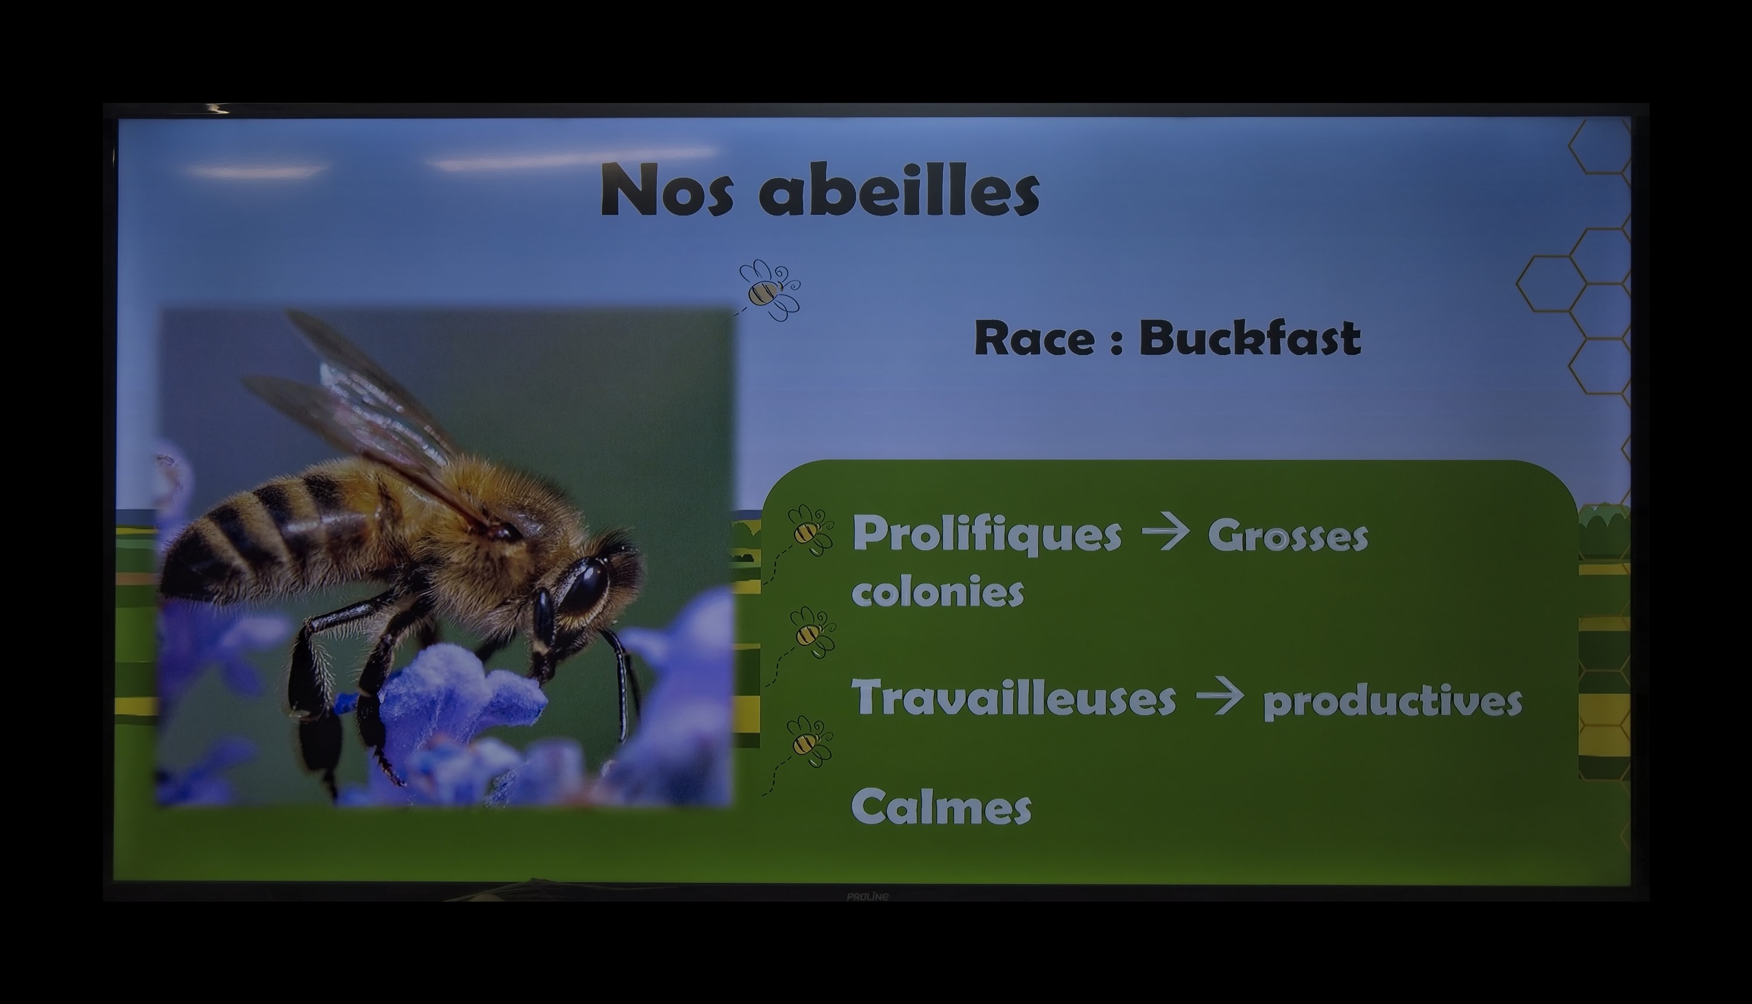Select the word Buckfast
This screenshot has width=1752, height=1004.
pyautogui.click(x=1249, y=338)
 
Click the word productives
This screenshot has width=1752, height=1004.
pyautogui.click(x=1392, y=701)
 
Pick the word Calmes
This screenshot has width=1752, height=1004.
pyautogui.click(x=941, y=806)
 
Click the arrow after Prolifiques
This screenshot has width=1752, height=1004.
pyautogui.click(x=1165, y=533)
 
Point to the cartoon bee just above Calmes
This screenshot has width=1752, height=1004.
pyautogui.click(x=808, y=742)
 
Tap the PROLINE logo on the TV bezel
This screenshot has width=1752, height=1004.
pyautogui.click(x=867, y=897)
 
